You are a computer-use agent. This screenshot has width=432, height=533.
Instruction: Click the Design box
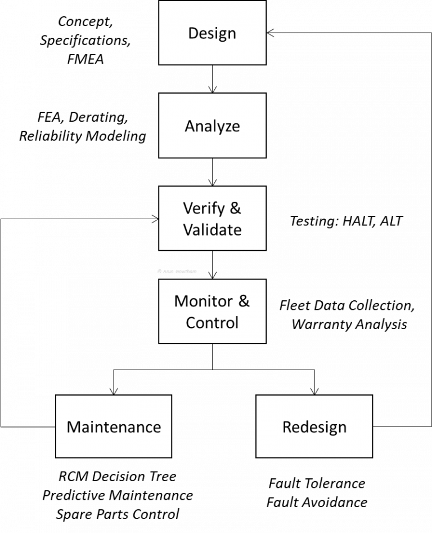(212, 33)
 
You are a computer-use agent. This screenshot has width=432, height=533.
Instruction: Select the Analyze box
(212, 125)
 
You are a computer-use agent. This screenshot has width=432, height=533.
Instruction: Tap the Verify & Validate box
(212, 218)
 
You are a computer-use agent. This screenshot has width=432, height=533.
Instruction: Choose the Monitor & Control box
(212, 311)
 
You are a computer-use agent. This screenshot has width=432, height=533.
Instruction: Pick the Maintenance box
(114, 426)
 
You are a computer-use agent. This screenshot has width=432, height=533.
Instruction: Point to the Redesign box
(314, 426)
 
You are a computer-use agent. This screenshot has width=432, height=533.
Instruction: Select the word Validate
(212, 230)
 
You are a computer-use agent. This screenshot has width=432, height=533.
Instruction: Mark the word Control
(212, 323)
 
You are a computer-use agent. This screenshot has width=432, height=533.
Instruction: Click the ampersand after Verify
(235, 208)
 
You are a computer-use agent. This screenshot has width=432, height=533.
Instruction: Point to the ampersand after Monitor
(244, 301)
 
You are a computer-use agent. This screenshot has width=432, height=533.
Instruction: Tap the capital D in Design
(193, 33)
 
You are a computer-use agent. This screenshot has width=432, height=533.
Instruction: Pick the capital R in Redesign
(287, 427)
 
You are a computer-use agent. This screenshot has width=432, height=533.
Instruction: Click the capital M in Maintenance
(73, 427)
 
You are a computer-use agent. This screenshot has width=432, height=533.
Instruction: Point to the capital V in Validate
(188, 230)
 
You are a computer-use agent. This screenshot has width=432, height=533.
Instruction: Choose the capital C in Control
(191, 323)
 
